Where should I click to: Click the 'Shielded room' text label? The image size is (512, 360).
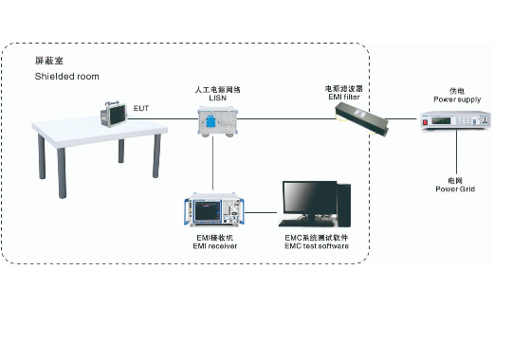67,77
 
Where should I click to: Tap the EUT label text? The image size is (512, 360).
141,108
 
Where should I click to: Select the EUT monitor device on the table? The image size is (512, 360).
114,115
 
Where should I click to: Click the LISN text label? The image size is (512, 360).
218,98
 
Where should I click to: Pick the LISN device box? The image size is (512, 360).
217,121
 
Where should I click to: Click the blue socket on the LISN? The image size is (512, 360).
210,122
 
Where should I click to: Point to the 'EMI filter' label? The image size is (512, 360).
344,97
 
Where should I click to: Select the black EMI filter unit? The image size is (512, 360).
362,118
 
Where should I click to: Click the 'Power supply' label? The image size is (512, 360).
457,99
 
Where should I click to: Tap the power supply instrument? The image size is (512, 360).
455,120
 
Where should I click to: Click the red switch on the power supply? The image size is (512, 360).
425,122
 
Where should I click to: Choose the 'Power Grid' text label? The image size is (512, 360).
455,189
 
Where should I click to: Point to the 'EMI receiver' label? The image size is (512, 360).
215,246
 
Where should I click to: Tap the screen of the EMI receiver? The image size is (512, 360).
208,210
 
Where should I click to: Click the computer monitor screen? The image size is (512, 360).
309,198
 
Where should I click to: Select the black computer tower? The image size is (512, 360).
344,205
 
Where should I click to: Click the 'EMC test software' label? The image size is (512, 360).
317,246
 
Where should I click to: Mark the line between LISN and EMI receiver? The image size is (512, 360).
213,163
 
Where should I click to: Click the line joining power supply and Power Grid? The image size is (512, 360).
456,153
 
